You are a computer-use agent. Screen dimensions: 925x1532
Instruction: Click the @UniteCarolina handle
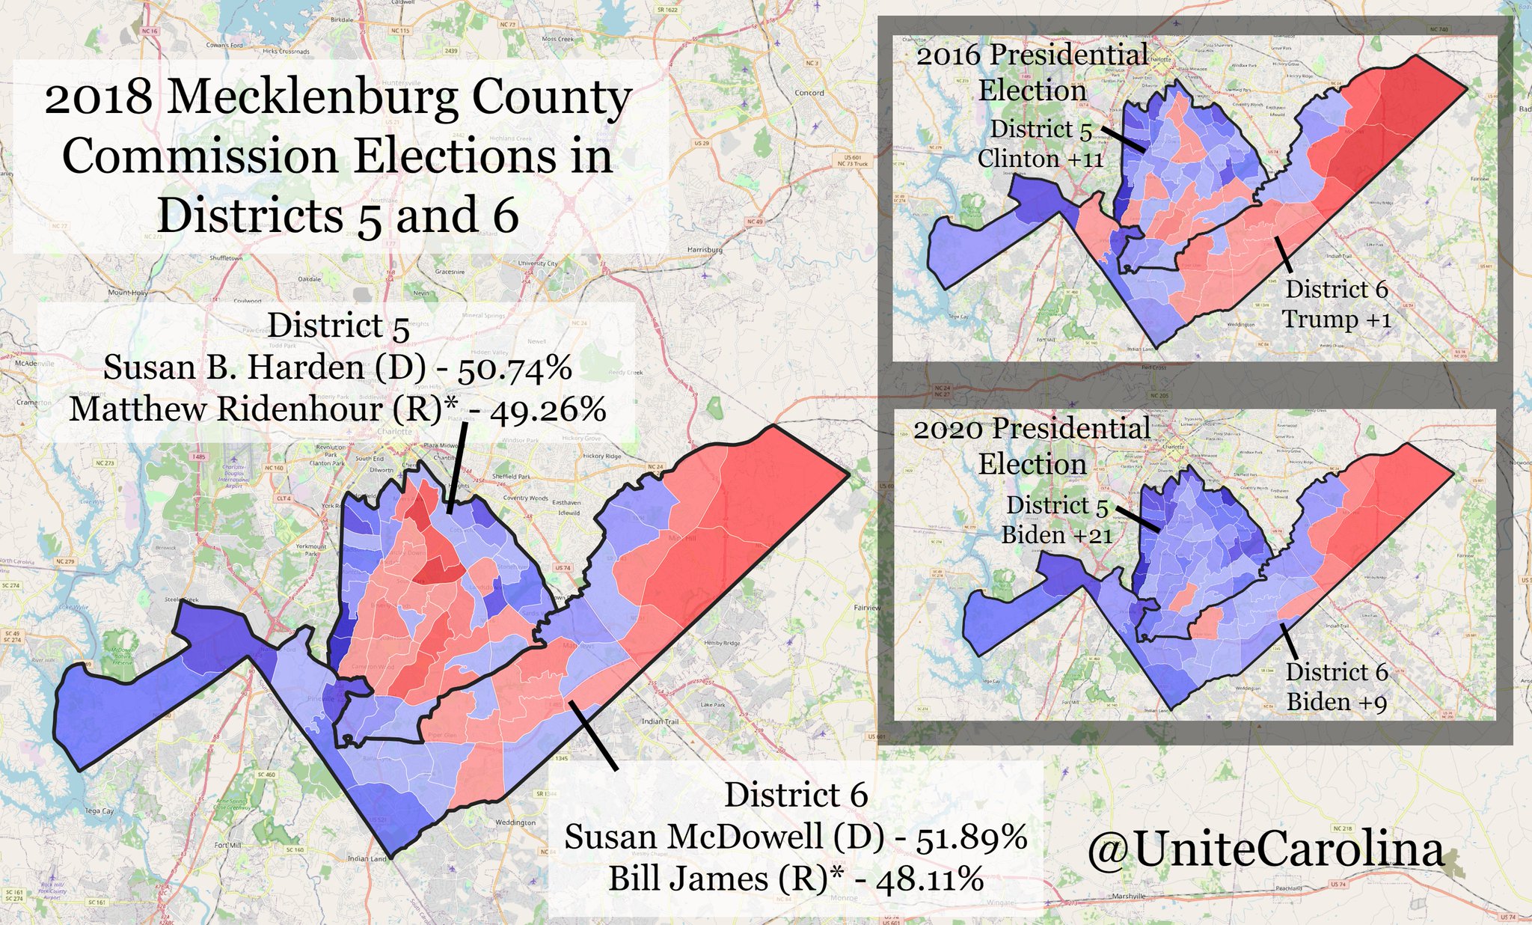(x=1265, y=851)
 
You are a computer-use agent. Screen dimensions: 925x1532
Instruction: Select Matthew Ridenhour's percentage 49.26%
(x=548, y=409)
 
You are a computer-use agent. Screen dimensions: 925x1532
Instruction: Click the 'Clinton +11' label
(x=1040, y=159)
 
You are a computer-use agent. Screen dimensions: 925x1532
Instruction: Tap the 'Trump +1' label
(x=1336, y=320)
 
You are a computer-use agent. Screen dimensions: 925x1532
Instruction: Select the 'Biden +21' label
(x=1056, y=535)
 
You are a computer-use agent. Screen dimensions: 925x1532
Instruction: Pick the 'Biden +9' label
(x=1336, y=702)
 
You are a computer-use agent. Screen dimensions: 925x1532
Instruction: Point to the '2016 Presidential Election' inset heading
(x=1032, y=73)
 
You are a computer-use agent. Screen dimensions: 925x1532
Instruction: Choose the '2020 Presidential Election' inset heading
(x=1032, y=446)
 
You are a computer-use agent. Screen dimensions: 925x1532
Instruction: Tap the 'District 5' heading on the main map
(x=338, y=326)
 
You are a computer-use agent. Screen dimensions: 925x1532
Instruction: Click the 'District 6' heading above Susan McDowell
(x=796, y=795)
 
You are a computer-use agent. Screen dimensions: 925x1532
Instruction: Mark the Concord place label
(x=809, y=94)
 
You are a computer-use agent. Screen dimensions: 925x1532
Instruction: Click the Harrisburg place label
(x=705, y=249)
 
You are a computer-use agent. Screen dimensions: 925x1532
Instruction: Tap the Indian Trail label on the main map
(x=660, y=721)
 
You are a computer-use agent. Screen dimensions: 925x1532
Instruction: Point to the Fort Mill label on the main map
(x=227, y=845)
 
